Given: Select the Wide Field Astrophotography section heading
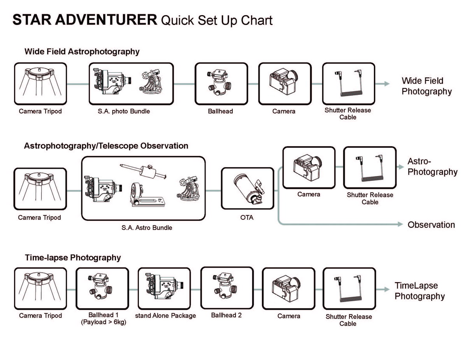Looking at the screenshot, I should pos(82,51).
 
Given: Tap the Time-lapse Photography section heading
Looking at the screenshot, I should pos(73,257).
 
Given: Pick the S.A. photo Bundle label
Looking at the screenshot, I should pos(124,111).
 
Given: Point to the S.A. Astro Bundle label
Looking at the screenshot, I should pos(147,227).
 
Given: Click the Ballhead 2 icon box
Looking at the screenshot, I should pos(226,288).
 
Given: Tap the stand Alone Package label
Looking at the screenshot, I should pos(165,316).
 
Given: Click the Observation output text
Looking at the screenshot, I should pos(431,225).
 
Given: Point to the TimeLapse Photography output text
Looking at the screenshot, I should pos(420,291).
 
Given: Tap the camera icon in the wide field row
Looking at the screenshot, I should pos(284,84).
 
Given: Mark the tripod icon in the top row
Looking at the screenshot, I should pos(40,84).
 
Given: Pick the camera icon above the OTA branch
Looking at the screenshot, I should pos(309,167).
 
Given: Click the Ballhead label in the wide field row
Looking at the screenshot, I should pos(220,111).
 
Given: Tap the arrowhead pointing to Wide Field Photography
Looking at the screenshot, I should pos(386,84).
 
